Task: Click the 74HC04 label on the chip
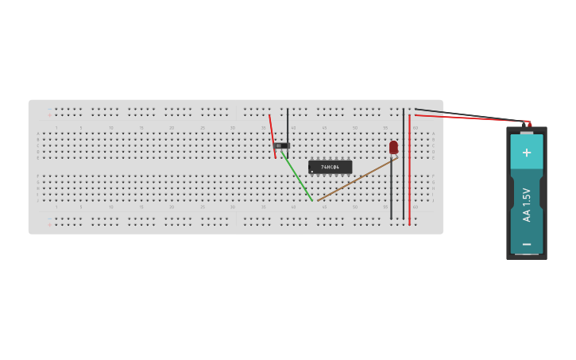(x=330, y=167)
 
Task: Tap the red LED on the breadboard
(x=393, y=147)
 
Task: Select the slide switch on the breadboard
(x=280, y=145)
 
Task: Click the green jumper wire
(x=298, y=178)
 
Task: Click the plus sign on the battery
(x=526, y=152)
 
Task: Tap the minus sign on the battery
(x=526, y=244)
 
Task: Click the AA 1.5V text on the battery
(x=526, y=203)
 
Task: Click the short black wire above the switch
(x=288, y=125)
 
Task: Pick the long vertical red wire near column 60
(x=409, y=171)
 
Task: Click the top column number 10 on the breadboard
(x=111, y=127)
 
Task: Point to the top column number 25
(x=203, y=127)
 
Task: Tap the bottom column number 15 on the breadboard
(x=141, y=207)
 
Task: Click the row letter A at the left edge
(x=37, y=134)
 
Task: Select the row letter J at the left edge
(x=37, y=200)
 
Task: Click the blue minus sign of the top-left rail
(x=49, y=108)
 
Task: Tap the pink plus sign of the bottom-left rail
(x=49, y=225)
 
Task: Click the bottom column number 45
(x=324, y=207)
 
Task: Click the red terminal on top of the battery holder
(x=529, y=124)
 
